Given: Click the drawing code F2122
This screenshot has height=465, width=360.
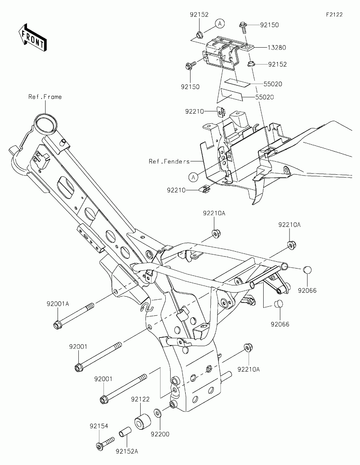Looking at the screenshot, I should click(334, 15).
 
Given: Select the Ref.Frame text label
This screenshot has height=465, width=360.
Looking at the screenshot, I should click(45, 97).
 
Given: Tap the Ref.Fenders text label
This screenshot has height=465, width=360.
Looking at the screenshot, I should click(169, 161).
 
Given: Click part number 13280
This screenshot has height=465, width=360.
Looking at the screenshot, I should click(277, 48).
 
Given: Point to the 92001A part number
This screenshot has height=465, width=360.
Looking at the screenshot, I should click(58, 304).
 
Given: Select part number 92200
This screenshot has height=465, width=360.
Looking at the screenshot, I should click(160, 434).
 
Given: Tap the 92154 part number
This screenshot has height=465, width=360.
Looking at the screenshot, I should click(99, 426).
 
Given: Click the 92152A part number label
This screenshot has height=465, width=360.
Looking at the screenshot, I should click(127, 451).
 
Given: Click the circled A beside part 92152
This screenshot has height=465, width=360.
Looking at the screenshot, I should click(220, 24).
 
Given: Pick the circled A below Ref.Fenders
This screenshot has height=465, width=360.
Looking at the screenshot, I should click(193, 177).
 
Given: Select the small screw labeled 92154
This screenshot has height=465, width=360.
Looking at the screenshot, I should click(104, 442).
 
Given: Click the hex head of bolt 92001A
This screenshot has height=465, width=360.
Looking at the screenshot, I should click(57, 324).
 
